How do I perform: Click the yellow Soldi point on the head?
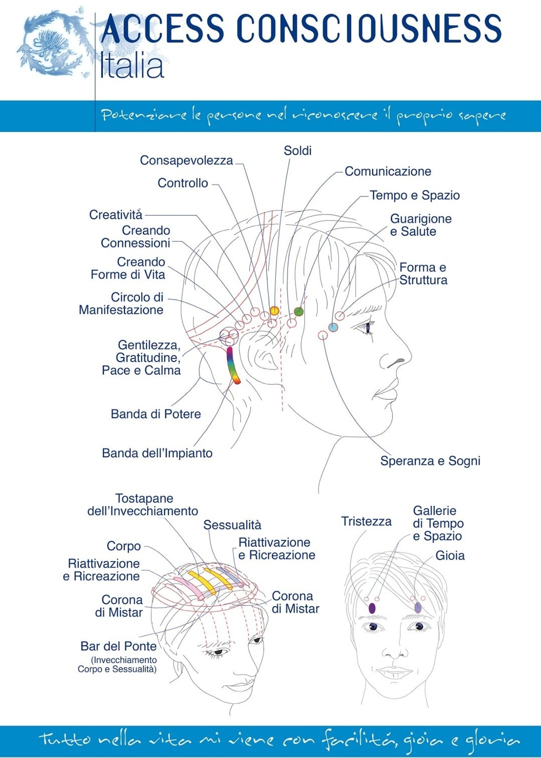coord(274,311)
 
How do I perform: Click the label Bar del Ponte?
coord(119,646)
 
